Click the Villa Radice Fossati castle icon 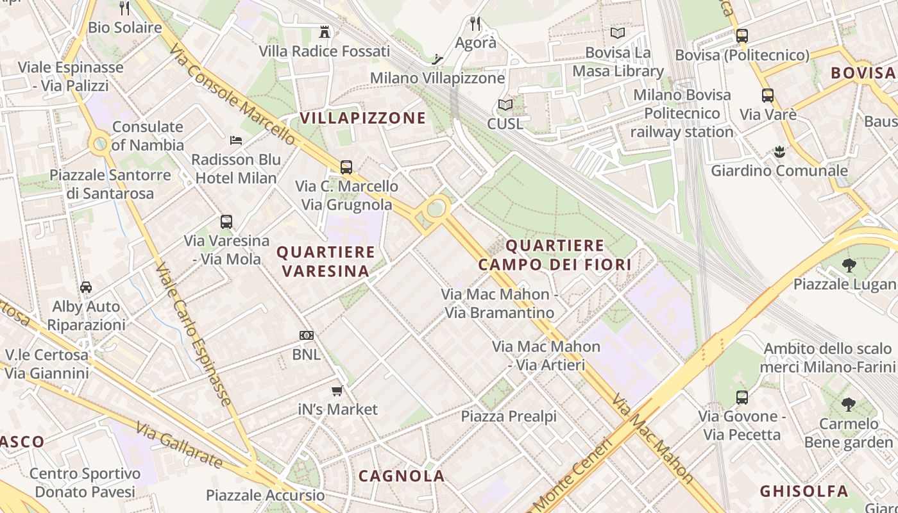pyautogui.click(x=325, y=31)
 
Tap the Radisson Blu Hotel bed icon pyautogui.click(x=236, y=140)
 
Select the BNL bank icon pyautogui.click(x=307, y=335)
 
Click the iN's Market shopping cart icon pyautogui.click(x=337, y=391)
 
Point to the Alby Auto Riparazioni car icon pyautogui.click(x=86, y=287)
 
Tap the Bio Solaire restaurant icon pyautogui.click(x=124, y=8)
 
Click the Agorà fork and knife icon pyautogui.click(x=475, y=24)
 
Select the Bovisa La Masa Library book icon pyautogui.click(x=618, y=33)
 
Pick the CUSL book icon pyautogui.click(x=505, y=105)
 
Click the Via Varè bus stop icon pyautogui.click(x=768, y=96)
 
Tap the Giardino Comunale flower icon pyautogui.click(x=779, y=152)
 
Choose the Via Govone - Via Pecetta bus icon pyautogui.click(x=742, y=397)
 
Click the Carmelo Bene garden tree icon pyautogui.click(x=849, y=404)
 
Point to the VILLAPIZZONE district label pyautogui.click(x=363, y=118)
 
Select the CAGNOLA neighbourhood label pyautogui.click(x=402, y=476)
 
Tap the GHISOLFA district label pyautogui.click(x=804, y=492)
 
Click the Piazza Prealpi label pyautogui.click(x=509, y=416)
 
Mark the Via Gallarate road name pyautogui.click(x=180, y=444)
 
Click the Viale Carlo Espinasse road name pyautogui.click(x=193, y=334)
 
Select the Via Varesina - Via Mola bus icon pyautogui.click(x=226, y=222)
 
